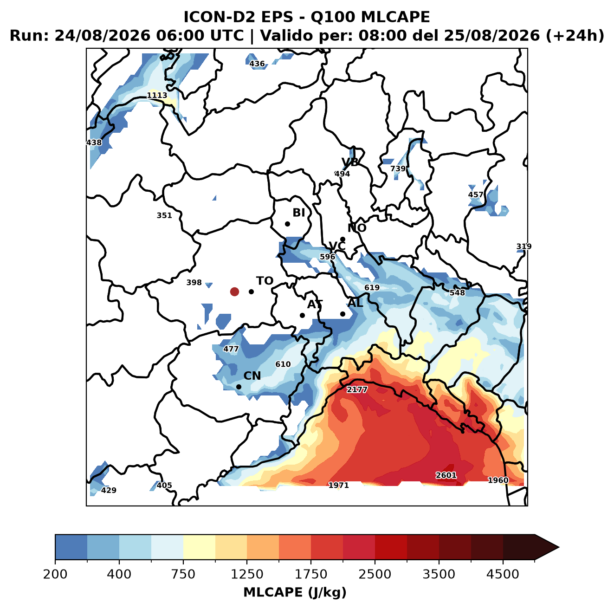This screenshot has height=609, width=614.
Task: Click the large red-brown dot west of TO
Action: (234, 292)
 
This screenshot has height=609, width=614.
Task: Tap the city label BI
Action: (298, 213)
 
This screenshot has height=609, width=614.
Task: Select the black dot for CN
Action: (239, 387)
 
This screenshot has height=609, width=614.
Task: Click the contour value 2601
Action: (446, 475)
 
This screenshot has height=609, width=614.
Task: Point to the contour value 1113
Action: (157, 95)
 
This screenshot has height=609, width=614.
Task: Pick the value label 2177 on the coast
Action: (357, 389)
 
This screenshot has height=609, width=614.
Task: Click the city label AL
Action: (355, 303)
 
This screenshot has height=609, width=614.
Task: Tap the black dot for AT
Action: (302, 315)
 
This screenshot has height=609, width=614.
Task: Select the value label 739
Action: (398, 168)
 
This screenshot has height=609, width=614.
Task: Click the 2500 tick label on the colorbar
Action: (375, 574)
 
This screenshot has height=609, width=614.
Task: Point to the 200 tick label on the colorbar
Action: (55, 574)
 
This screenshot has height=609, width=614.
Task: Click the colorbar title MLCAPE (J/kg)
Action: (295, 592)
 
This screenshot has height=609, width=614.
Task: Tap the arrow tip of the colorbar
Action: (559, 547)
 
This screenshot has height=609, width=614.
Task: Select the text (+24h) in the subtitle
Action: (575, 35)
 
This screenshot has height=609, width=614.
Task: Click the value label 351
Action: (164, 215)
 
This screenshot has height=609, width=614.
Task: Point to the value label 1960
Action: (498, 480)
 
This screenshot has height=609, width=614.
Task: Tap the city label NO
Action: (356, 228)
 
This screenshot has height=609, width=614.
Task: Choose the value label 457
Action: (475, 194)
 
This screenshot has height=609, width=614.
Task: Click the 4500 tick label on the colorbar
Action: (503, 574)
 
